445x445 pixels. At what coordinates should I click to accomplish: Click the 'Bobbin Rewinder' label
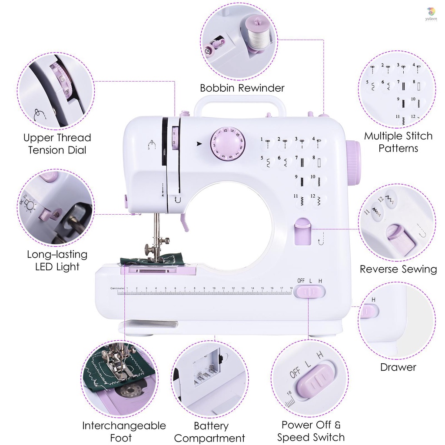242,88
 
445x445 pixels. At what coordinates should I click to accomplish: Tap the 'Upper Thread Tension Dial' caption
57,144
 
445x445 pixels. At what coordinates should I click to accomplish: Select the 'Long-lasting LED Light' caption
57,260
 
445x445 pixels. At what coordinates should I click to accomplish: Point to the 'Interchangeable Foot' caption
124,431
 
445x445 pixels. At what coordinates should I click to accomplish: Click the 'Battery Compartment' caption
210,432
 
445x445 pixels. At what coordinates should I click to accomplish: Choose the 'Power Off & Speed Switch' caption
311,431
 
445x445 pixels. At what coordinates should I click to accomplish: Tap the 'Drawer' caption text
398,367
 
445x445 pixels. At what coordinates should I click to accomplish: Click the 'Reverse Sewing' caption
398,269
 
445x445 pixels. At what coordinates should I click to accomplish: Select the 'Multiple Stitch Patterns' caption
398,142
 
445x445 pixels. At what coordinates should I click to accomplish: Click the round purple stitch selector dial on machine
228,143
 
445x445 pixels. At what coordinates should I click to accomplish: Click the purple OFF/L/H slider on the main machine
309,292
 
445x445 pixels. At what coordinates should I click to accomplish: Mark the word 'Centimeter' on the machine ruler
117,288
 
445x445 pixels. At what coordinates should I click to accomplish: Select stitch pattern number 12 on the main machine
319,200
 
